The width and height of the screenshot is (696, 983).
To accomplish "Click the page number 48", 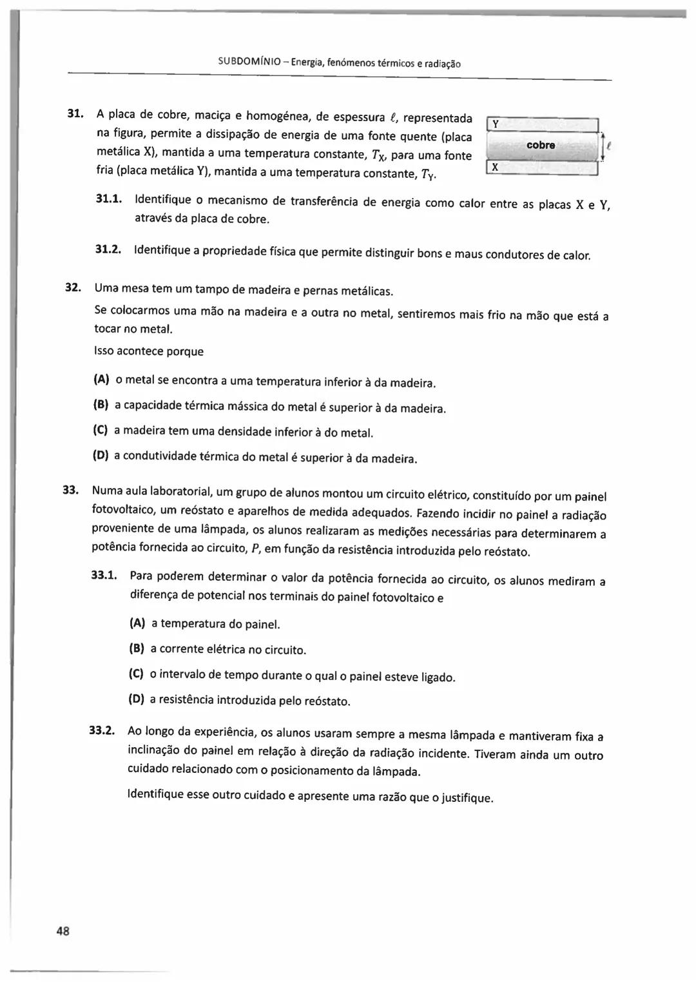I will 63,930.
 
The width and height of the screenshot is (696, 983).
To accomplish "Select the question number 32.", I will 73,287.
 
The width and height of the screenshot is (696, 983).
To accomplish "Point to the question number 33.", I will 70,489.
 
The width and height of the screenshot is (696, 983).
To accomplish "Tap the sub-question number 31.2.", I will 109,249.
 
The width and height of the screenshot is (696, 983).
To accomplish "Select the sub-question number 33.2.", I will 102,730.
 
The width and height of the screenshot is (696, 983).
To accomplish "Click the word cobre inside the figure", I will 541,145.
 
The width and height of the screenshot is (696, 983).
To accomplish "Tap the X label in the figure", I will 494,167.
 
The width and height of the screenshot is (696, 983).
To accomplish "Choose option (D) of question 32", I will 101,455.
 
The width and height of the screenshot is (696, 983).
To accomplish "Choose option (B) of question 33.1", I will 137,648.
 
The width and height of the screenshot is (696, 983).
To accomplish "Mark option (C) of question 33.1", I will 136,674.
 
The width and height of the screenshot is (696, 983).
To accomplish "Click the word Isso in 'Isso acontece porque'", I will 104,351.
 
